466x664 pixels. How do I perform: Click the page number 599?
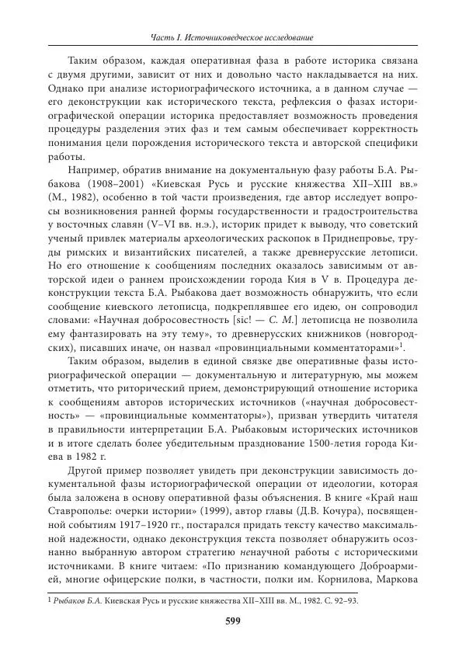pos(232,620)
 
